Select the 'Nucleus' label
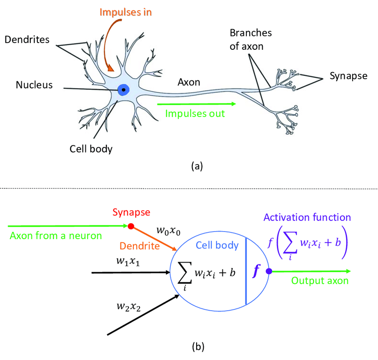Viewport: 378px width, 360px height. (34, 84)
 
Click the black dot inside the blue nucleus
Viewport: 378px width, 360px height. (123, 90)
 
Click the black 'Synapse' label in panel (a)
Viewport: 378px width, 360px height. (348, 76)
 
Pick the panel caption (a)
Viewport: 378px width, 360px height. (197, 166)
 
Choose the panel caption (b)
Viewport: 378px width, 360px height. (197, 346)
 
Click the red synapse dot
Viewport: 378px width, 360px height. (131, 226)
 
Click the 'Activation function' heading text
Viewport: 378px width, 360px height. (307, 218)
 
